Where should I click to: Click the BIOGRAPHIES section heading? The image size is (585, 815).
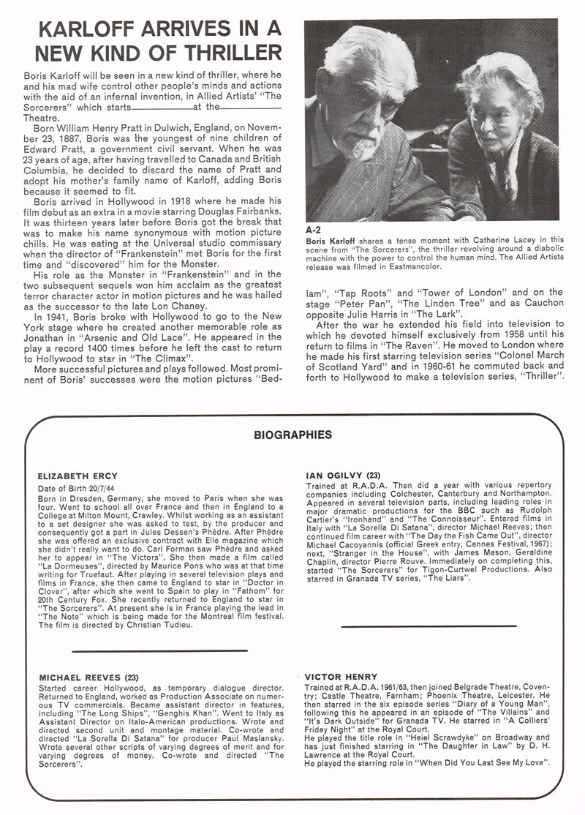(x=292, y=435)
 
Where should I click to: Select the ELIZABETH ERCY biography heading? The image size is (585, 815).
(x=77, y=476)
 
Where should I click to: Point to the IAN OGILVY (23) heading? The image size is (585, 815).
(x=342, y=475)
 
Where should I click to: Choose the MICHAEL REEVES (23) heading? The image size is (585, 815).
(x=88, y=677)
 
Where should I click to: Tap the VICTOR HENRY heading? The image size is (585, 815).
(x=341, y=677)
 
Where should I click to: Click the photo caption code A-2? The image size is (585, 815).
(x=312, y=229)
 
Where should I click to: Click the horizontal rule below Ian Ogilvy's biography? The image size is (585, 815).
(x=429, y=626)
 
